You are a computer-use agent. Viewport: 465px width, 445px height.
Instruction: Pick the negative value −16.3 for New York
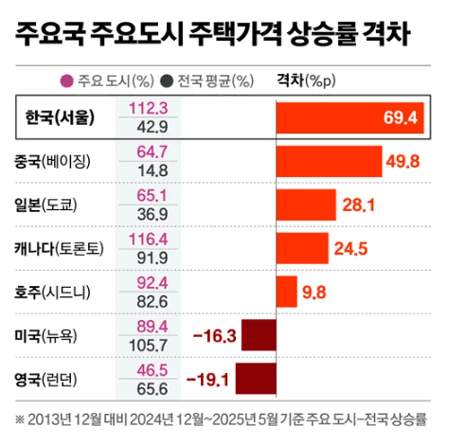pyautogui.click(x=213, y=336)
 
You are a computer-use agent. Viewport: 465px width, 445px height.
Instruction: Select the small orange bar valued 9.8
pyautogui.click(x=286, y=292)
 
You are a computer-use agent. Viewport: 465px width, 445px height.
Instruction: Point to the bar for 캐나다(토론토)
pyautogui.click(x=301, y=248)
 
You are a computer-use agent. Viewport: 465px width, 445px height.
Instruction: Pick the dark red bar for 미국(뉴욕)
pyautogui.click(x=259, y=335)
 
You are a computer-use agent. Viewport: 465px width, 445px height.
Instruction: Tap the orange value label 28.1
pyautogui.click(x=360, y=205)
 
